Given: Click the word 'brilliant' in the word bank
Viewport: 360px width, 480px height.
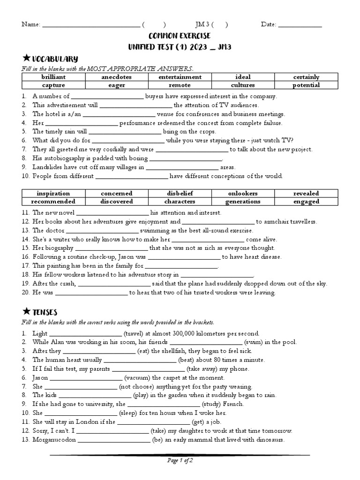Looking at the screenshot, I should pos(53,77).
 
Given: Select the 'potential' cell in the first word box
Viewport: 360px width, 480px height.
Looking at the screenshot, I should pos(306,85).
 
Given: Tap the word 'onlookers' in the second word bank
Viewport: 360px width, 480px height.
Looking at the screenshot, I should pos(243,193).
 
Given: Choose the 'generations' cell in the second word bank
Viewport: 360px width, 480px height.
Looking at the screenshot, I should pos(243,202).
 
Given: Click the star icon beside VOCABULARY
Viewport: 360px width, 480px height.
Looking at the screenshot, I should pos(26,58).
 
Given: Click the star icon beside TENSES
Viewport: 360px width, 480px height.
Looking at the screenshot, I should pos(26,311).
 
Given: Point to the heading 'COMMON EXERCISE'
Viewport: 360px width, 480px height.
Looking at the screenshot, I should pos(180,36).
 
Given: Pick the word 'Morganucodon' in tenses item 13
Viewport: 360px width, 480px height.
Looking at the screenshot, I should pos(54,440).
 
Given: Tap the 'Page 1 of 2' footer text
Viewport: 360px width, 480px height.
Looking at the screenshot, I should pos(180,461).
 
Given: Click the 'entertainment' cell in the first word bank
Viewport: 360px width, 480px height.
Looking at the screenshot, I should pos(180,77).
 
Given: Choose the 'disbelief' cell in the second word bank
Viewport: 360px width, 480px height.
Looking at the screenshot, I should pos(180,193).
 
